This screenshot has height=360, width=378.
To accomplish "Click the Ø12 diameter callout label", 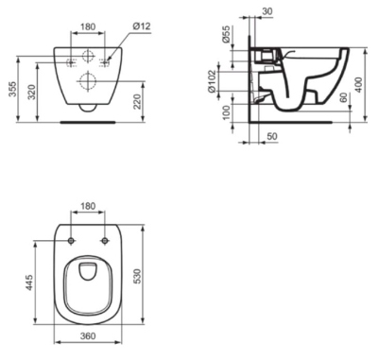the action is pos(142,26).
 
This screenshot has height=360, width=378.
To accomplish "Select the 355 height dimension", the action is pos(11,89).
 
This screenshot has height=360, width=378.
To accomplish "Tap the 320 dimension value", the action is pos(32,92).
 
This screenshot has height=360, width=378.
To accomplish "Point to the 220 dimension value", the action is pos(137,101).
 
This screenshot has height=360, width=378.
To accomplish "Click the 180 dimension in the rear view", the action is pos(88,26).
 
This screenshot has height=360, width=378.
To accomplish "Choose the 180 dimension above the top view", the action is pos(88,206).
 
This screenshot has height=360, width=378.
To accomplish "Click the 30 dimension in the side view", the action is pos(267,11).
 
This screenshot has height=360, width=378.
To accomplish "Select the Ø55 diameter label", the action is pos(227,34).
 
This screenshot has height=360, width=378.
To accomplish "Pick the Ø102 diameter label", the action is pos(212,81).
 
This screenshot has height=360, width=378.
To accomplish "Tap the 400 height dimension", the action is pos(358,84).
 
